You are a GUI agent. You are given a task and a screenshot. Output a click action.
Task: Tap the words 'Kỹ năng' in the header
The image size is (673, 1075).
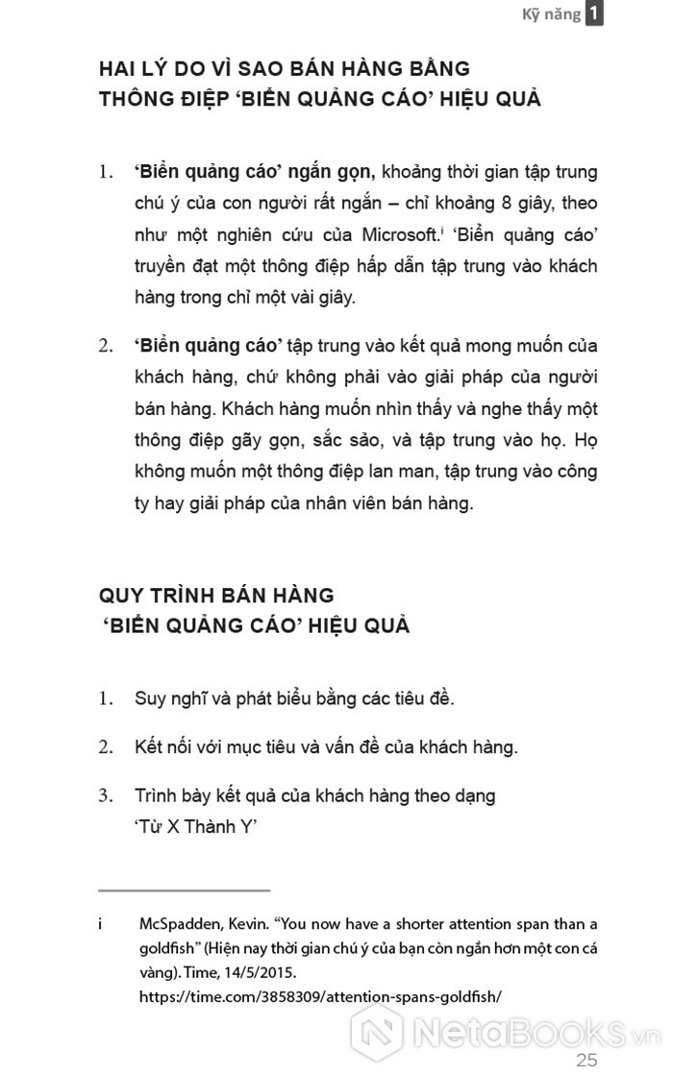(x=551, y=15)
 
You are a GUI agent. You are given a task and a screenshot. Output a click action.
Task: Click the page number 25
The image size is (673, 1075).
(x=586, y=1061)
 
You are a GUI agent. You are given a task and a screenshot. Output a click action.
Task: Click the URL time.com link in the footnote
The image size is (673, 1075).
(x=320, y=997)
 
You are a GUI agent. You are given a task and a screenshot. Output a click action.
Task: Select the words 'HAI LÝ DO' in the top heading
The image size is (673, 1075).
(x=157, y=69)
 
